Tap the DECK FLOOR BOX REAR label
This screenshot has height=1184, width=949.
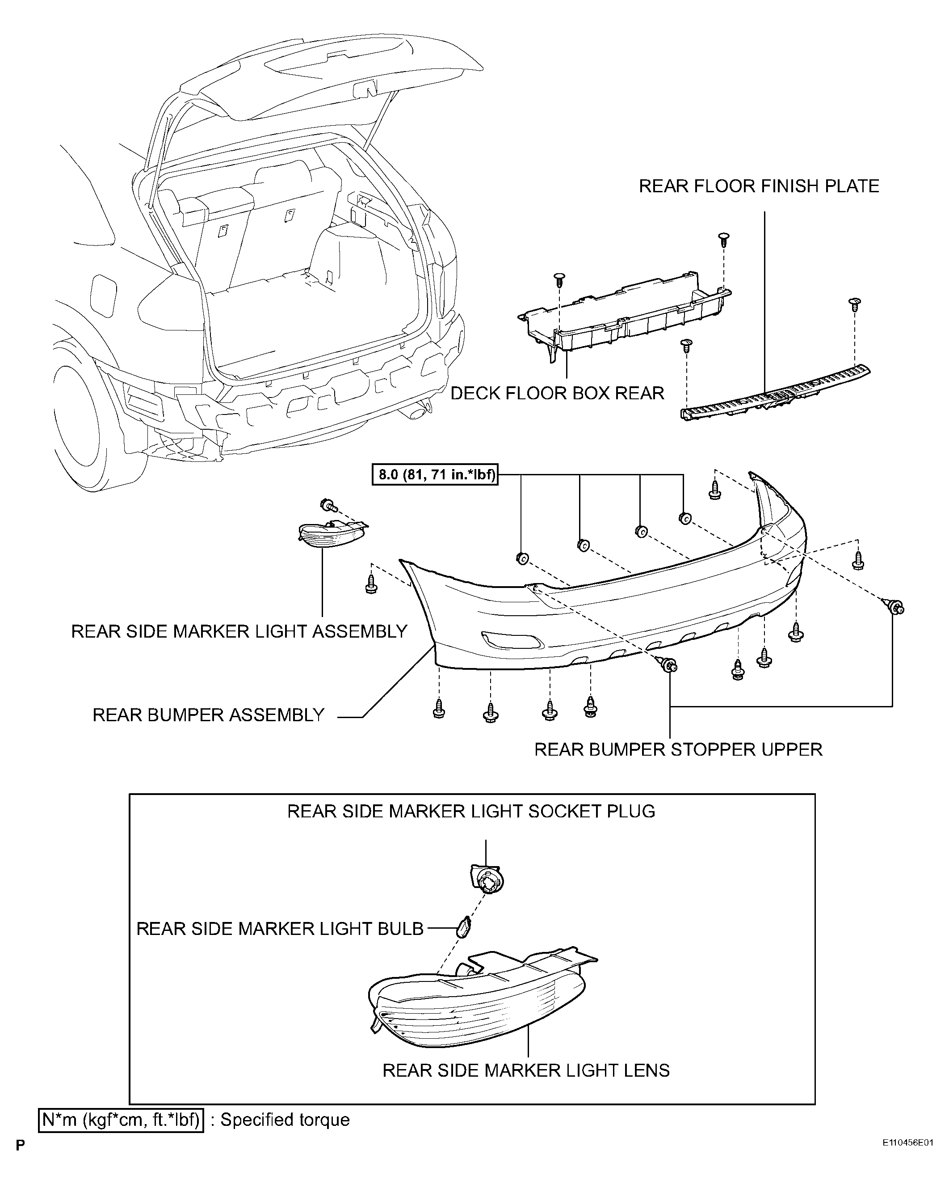click(557, 393)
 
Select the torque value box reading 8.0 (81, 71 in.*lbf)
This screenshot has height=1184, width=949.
click(435, 474)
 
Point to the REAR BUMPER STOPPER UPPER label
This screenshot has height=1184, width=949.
click(678, 749)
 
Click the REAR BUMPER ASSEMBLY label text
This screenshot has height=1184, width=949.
click(209, 715)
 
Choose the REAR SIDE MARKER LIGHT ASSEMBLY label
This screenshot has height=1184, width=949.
click(239, 631)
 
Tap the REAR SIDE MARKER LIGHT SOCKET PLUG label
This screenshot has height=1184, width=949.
click(471, 811)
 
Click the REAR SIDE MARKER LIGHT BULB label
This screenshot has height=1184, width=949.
click(280, 929)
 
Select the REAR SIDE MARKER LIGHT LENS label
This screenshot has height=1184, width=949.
click(526, 1070)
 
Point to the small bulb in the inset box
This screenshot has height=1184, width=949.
click(464, 927)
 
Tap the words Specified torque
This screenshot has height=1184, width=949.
click(285, 1120)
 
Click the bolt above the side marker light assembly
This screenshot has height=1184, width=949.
click(329, 505)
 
